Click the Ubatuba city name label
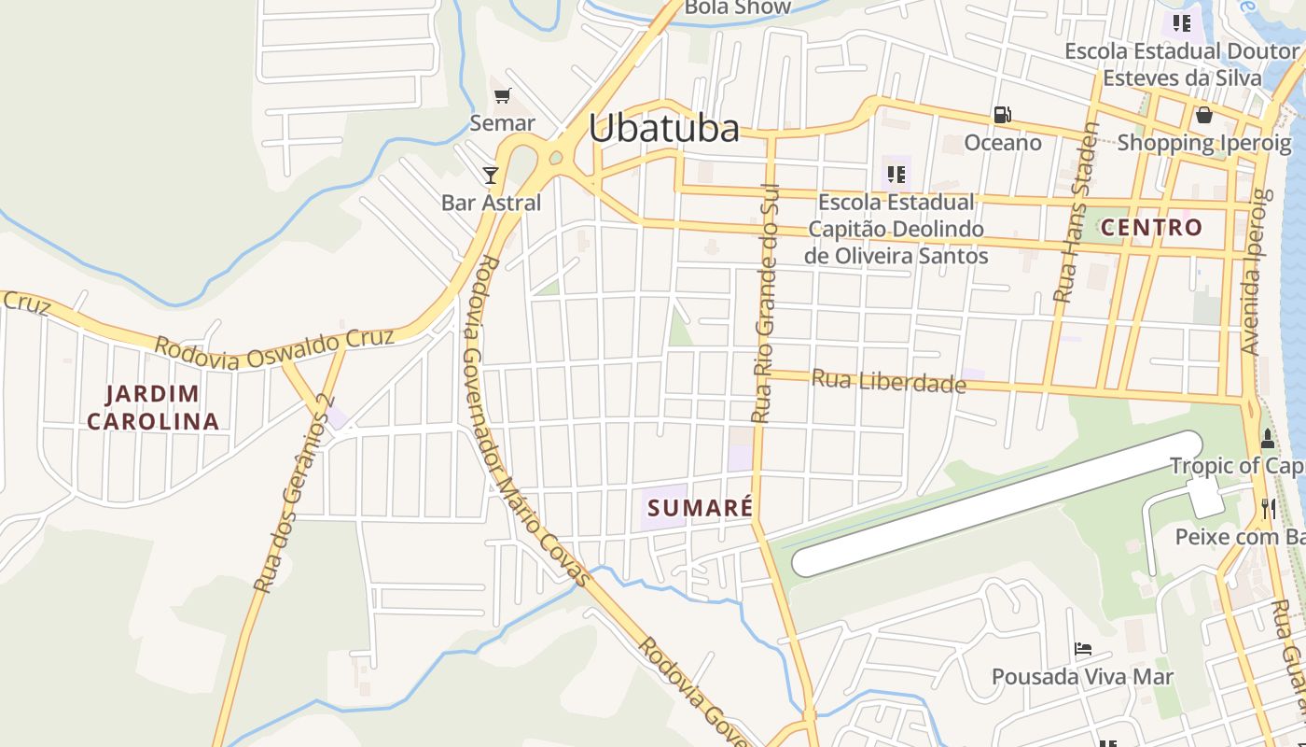[663, 129]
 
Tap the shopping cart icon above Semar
[503, 95]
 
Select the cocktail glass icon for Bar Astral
[491, 175]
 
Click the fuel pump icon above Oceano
[1003, 115]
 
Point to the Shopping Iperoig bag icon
[1204, 115]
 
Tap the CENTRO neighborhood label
[1151, 227]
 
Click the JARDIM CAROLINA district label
[153, 407]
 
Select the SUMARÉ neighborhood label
[700, 508]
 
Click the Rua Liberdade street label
[888, 381]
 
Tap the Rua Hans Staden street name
[1077, 213]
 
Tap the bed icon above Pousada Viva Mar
[1082, 648]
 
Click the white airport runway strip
[998, 503]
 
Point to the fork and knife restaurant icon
[1268, 508]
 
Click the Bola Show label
[737, 7]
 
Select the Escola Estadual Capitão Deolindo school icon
[896, 174]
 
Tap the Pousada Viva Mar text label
[1082, 676]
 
